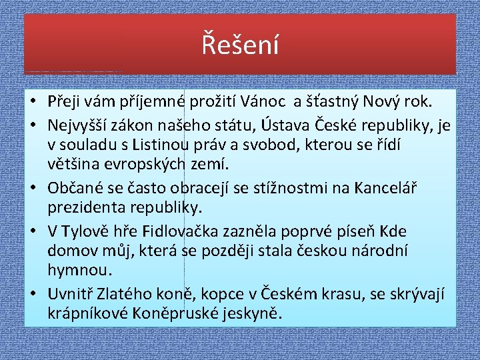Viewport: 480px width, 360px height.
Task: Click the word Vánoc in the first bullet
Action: (x=263, y=102)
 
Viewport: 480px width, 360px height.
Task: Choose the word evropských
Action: (x=145, y=165)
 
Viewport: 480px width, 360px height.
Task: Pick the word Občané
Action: (x=75, y=187)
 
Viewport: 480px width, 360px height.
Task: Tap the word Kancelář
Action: (x=385, y=187)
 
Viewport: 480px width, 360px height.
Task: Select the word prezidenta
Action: (x=87, y=208)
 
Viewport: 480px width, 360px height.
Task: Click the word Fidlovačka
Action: (x=180, y=232)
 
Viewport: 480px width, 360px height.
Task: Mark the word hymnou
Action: (x=80, y=270)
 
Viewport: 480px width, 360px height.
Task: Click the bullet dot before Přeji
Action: (x=34, y=102)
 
